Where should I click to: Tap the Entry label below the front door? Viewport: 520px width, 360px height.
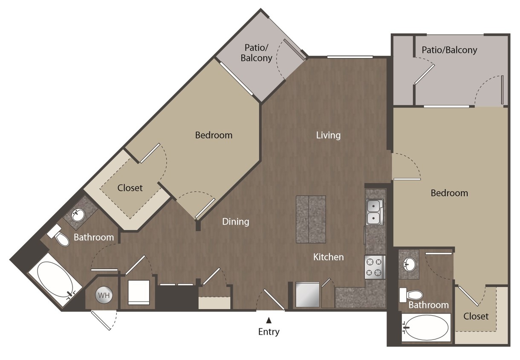coord(269,331)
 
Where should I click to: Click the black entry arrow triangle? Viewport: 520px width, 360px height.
coord(269,320)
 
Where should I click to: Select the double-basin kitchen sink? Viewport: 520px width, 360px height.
coord(375,212)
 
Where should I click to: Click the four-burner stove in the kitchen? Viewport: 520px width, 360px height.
coord(375,267)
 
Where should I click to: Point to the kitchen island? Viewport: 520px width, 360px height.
coord(311,219)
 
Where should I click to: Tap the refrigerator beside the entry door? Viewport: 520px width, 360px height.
coord(308,294)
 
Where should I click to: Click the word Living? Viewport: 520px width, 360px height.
coord(328,135)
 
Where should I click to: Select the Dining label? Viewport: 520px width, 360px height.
coord(236,221)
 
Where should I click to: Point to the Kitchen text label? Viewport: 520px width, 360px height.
coord(328,257)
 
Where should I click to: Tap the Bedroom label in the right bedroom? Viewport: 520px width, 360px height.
coord(449,193)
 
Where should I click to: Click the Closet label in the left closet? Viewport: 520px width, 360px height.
coord(130,188)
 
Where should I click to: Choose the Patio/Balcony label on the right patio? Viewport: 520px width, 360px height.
coord(449,50)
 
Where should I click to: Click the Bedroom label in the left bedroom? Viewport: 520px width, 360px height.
coord(214,135)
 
